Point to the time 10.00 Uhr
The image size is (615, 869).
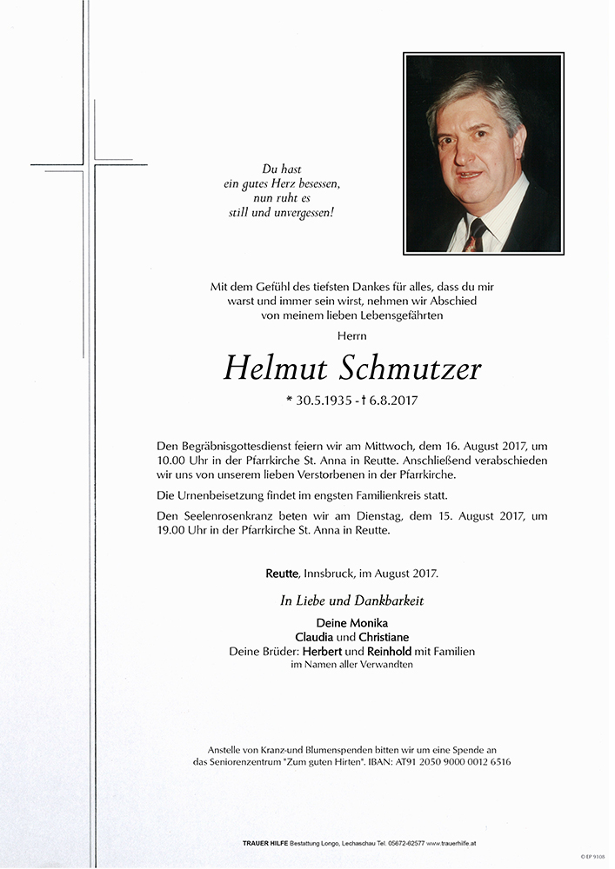[185, 461]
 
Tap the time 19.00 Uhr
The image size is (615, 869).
[185, 531]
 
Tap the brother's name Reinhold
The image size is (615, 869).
[396, 651]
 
